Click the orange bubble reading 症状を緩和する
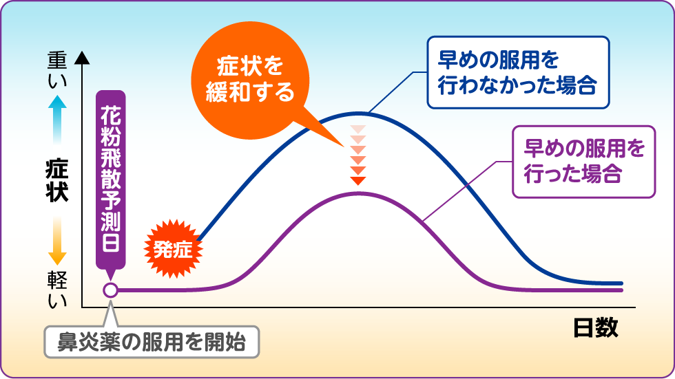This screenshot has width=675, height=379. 250,80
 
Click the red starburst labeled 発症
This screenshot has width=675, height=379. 173,249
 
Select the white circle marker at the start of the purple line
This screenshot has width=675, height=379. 111,290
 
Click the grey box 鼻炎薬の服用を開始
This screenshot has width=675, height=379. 152,342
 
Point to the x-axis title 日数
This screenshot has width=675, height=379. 596,328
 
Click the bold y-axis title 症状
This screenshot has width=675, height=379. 56,181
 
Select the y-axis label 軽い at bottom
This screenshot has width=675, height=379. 57,290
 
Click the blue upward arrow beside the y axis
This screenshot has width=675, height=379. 57,120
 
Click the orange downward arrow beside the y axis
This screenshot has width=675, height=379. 57,241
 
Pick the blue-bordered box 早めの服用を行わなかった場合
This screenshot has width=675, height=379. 518,72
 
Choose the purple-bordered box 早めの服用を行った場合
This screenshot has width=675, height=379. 584,162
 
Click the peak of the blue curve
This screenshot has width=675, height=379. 358,113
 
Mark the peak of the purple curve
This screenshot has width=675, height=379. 358,193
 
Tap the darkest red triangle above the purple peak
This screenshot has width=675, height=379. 358,180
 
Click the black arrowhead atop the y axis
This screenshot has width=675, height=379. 82,58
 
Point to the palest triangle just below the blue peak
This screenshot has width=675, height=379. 358,129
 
